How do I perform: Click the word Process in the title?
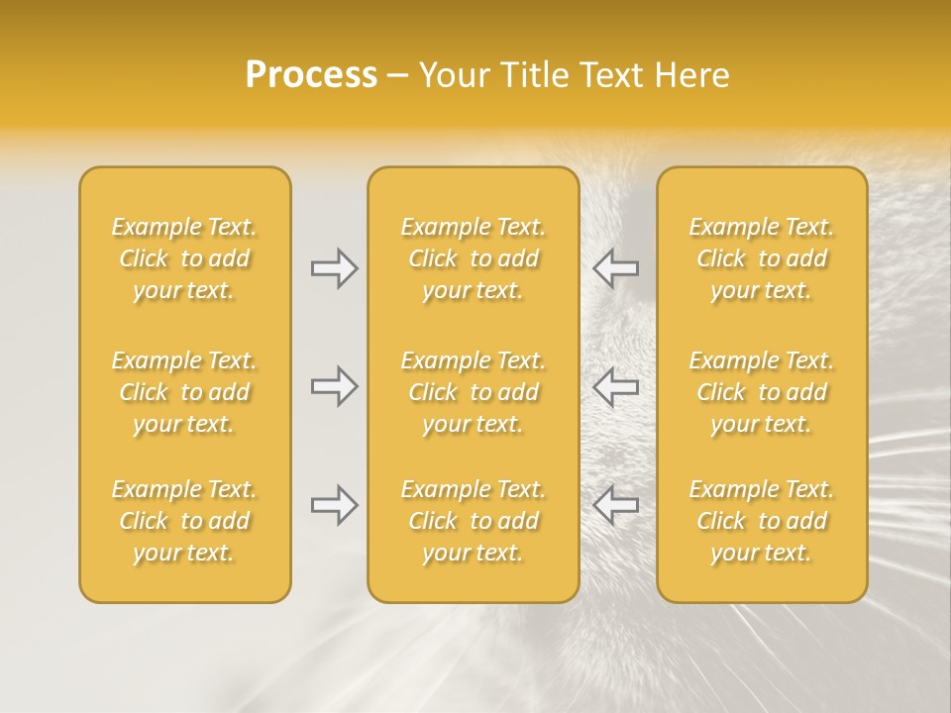coord(311,75)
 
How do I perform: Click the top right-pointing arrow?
coord(335,268)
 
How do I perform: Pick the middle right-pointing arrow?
coord(335,386)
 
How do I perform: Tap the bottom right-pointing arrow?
coord(335,505)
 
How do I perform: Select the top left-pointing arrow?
coord(616,268)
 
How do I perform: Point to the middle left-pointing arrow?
coord(616,386)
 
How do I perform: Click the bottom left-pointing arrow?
coord(616,505)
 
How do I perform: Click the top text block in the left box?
coord(184,258)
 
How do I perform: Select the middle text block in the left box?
coord(184,392)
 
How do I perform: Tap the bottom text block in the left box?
coord(184,521)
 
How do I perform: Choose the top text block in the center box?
coord(473,258)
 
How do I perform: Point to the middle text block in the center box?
coord(473,392)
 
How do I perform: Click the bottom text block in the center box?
coord(473,521)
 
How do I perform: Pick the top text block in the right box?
coord(762,258)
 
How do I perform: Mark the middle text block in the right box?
coord(762,392)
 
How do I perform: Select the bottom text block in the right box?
coord(762,521)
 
